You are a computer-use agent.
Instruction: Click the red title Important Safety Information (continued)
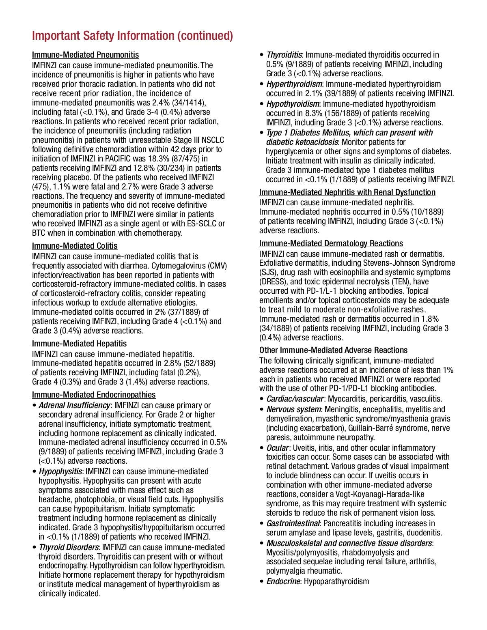(x=132, y=36)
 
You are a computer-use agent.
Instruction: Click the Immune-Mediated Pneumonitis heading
(x=85, y=55)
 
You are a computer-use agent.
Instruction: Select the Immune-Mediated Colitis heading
(x=75, y=246)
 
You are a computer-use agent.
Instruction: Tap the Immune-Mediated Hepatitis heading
(x=79, y=344)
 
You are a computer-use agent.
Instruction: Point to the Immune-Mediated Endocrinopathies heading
(x=94, y=395)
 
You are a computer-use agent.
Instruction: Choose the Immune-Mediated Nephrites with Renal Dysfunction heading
(x=347, y=192)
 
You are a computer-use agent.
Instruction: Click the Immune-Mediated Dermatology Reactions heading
(x=331, y=243)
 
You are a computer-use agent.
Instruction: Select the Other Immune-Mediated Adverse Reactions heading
(x=333, y=350)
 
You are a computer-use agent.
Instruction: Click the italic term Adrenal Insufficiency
(x=74, y=405)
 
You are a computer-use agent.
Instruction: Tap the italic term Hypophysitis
(x=60, y=471)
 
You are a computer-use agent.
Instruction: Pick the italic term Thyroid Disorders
(x=69, y=547)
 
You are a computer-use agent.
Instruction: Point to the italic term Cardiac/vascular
(x=295, y=399)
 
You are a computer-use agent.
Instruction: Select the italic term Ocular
(x=278, y=448)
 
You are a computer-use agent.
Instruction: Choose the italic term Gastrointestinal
(x=293, y=523)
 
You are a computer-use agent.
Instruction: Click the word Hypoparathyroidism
(x=336, y=581)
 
